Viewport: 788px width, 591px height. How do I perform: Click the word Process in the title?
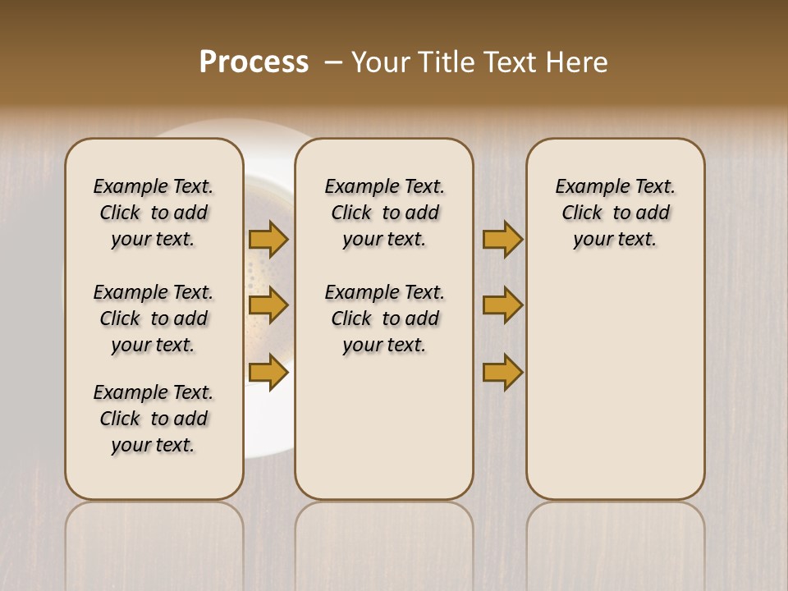point(254,62)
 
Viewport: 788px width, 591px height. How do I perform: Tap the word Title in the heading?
point(448,62)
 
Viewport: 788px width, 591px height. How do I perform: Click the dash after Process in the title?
point(332,63)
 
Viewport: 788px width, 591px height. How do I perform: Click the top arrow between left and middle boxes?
point(268,239)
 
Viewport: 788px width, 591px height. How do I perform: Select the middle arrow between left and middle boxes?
point(268,305)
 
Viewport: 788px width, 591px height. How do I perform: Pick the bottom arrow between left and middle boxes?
point(268,373)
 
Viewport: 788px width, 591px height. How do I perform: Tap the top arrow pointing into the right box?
point(502,239)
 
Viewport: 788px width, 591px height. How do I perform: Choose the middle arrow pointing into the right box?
point(502,305)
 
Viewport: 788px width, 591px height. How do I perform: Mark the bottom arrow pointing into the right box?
point(502,373)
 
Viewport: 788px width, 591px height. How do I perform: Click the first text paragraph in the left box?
point(153,213)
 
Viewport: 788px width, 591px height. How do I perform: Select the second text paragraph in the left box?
point(153,318)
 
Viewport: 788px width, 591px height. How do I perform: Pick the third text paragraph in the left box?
point(153,419)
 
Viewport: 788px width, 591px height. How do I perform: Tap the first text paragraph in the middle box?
point(384,213)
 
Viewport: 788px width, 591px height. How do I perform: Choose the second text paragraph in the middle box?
point(384,318)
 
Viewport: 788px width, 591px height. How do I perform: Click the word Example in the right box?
point(588,187)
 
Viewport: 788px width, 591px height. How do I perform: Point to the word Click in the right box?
point(582,213)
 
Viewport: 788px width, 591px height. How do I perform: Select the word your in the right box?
point(591,240)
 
